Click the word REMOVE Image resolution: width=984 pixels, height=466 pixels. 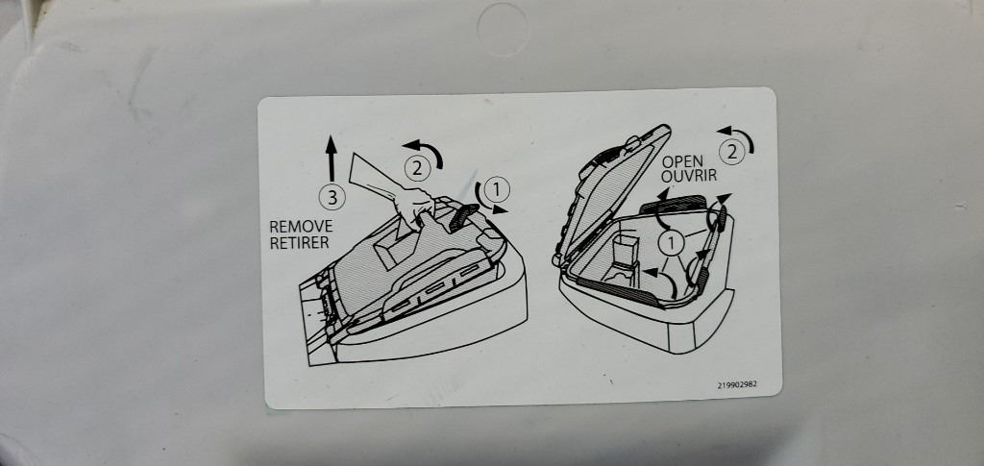tap(301, 227)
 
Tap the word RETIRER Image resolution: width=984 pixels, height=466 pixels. tap(300, 243)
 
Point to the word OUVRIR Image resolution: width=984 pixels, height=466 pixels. tap(689, 176)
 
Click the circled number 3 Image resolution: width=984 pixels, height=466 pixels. tap(332, 198)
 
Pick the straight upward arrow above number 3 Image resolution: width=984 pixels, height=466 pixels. tap(332, 159)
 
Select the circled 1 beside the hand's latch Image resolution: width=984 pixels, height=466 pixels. tap(497, 187)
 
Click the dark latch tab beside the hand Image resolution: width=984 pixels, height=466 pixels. tap(460, 215)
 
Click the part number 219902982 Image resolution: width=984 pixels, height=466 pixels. tap(737, 384)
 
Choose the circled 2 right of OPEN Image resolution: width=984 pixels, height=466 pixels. tap(731, 151)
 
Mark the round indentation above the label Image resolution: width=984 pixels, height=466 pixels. tap(503, 28)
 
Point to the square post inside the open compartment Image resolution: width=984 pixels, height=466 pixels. tap(625, 250)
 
